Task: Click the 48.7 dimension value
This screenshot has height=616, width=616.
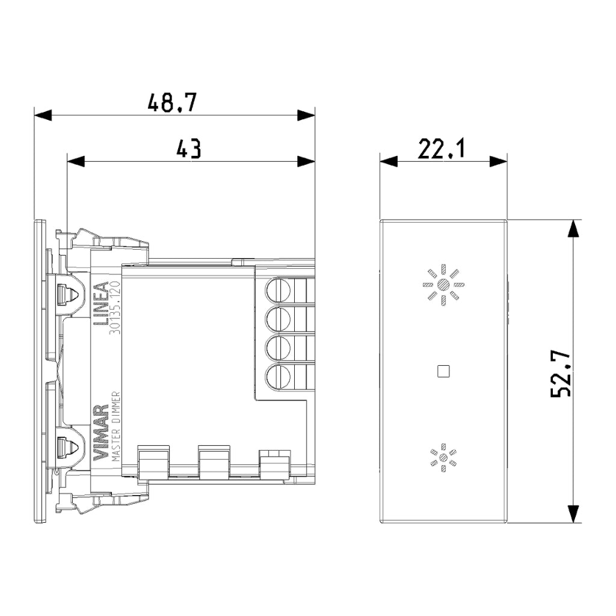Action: (171, 103)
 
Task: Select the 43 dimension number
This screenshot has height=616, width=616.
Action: (188, 149)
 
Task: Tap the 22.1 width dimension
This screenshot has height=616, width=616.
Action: (441, 149)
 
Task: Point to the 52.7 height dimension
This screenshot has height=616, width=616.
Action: (561, 374)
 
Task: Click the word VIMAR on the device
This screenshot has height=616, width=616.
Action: (100, 433)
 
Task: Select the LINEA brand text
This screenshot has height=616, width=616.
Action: (100, 304)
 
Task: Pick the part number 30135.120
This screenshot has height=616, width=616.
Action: (115, 307)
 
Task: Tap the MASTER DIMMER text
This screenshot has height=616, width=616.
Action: (115, 427)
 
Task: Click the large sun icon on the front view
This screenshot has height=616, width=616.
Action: (443, 285)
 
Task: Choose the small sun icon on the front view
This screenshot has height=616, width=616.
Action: (443, 457)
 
